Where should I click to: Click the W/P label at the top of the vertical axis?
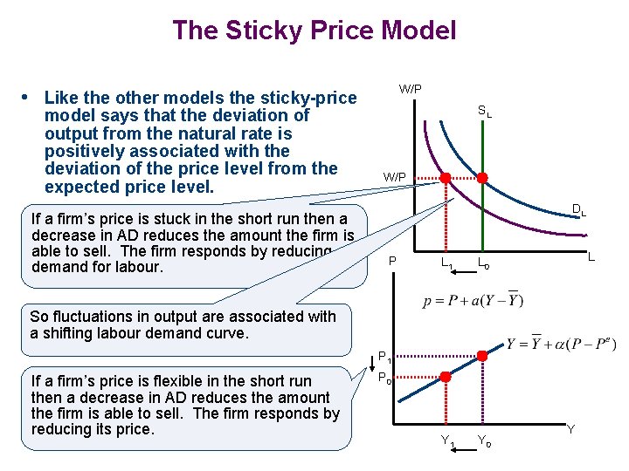tap(410, 89)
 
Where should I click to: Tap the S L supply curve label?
tap(484, 112)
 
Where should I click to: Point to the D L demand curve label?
tap(578, 209)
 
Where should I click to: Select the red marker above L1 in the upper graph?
tap(445, 178)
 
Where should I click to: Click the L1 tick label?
tap(446, 262)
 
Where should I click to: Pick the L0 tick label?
tap(483, 262)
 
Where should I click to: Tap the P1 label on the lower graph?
tap(384, 356)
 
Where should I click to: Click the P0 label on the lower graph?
tap(384, 379)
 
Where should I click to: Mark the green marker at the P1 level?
tap(481, 356)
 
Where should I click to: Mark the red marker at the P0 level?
tap(445, 378)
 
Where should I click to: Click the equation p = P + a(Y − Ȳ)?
tap(473, 302)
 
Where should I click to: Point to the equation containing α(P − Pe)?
tap(560, 343)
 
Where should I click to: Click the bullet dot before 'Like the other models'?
tap(28, 96)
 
